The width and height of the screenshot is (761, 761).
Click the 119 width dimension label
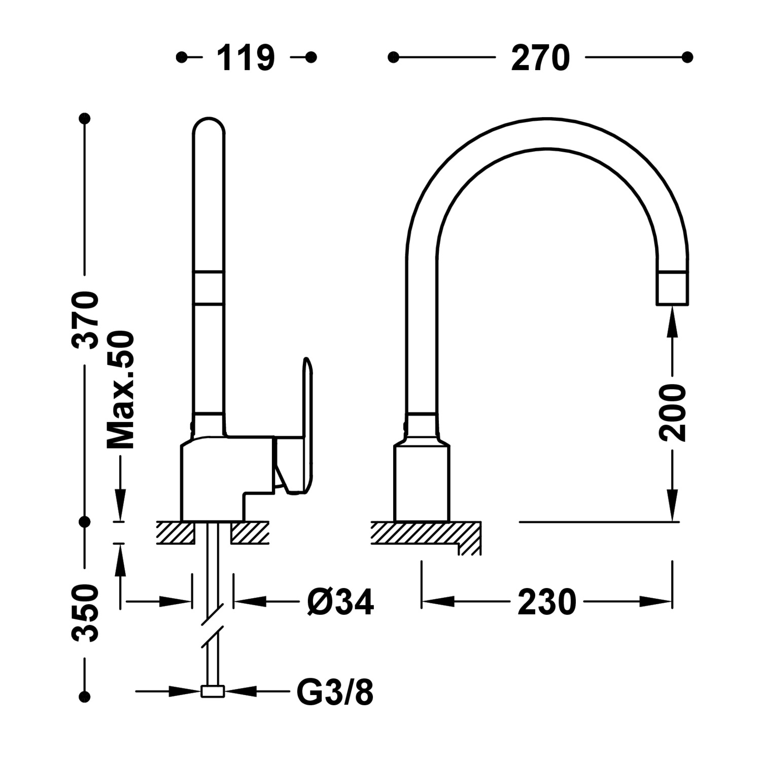tap(246, 58)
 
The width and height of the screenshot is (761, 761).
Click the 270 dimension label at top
tap(540, 58)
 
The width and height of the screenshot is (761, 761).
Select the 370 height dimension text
tap(85, 319)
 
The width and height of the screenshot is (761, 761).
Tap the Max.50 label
tap(121, 390)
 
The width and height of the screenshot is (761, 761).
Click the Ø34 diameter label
tap(340, 602)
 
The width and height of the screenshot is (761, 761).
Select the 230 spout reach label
tap(547, 602)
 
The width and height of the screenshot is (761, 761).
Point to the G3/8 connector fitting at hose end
tap(213, 691)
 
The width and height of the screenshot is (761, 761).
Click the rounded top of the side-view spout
tap(209, 127)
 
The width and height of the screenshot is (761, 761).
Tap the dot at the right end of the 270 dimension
tap(687, 57)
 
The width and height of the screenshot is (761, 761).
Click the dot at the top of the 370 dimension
tap(85, 119)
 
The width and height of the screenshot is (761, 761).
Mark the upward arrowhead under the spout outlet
tap(673, 320)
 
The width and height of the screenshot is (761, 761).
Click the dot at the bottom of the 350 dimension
tap(85, 696)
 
